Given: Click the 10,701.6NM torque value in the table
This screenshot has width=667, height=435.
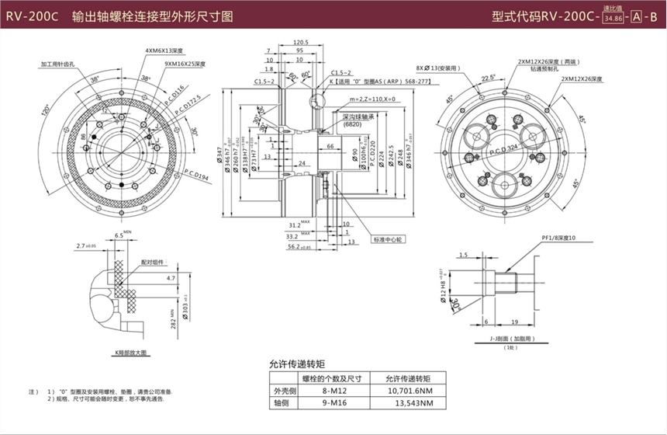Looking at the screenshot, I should pos(406,391).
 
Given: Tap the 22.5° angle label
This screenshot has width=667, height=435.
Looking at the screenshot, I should pos(489,78).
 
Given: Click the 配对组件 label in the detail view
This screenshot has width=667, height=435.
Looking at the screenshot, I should pos(152,263).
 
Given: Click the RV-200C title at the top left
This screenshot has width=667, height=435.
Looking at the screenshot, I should pos(31,15).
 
